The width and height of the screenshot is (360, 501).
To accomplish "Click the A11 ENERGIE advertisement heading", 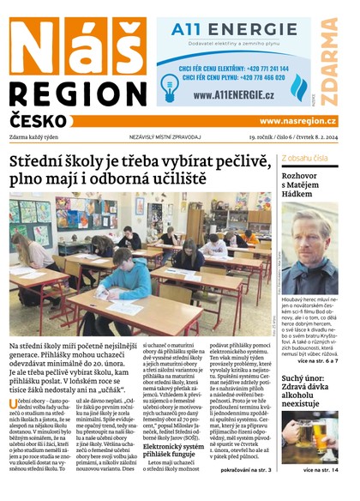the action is click(x=222, y=31).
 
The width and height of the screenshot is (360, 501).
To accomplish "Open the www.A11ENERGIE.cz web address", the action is click(x=231, y=94).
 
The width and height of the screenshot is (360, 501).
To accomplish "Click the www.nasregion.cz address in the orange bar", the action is click(x=297, y=121).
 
